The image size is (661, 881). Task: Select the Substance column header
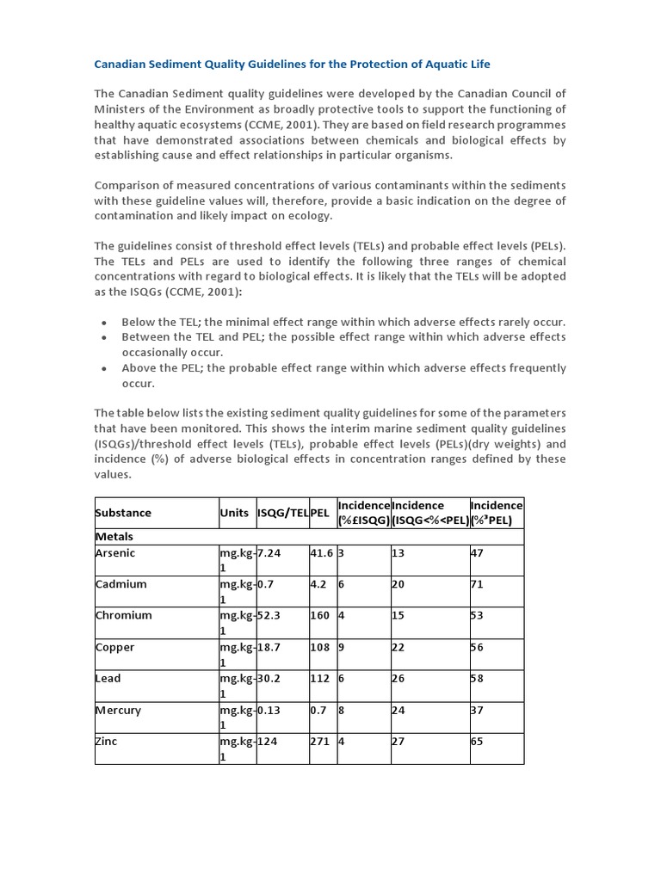(x=123, y=513)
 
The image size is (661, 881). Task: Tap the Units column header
(x=234, y=513)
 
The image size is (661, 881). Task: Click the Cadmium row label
(x=120, y=584)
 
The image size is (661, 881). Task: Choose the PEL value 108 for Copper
(x=320, y=647)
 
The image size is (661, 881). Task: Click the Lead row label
(x=108, y=678)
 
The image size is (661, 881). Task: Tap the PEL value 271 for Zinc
(x=320, y=741)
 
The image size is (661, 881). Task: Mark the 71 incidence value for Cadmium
(x=477, y=584)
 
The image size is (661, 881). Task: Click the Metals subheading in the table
(x=114, y=536)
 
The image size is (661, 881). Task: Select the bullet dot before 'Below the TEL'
(x=104, y=323)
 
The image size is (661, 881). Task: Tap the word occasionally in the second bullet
(x=158, y=353)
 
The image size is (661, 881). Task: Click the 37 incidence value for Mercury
(x=477, y=710)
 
